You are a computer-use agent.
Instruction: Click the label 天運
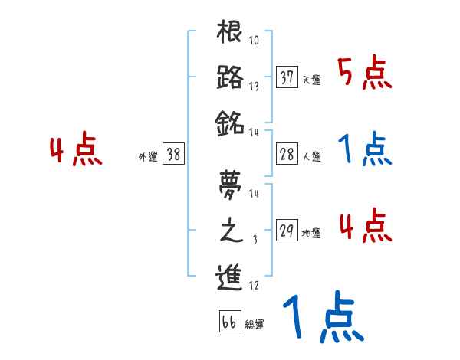pyautogui.click(x=311, y=80)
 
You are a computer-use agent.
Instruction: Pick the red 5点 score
pyautogui.click(x=364, y=74)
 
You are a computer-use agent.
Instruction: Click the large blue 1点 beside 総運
pyautogui.click(x=322, y=318)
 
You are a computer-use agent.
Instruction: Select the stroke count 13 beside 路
pyautogui.click(x=253, y=87)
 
